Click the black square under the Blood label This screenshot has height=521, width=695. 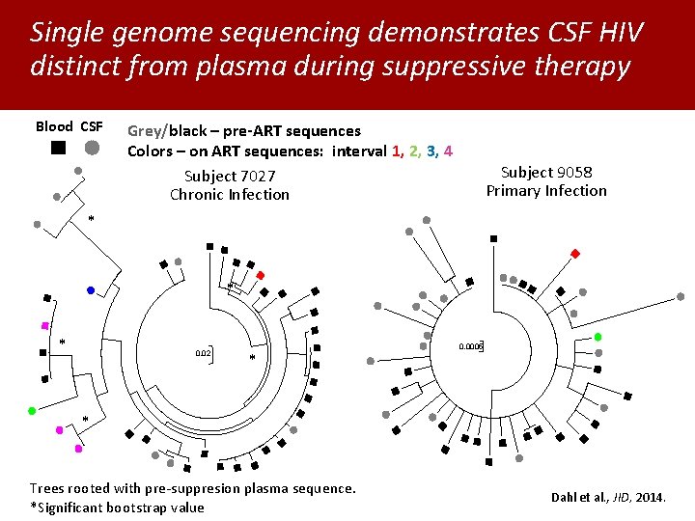[x=59, y=148]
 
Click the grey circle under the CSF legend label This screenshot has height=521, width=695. [x=91, y=148]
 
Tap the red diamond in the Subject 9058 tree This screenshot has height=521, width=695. [x=575, y=254]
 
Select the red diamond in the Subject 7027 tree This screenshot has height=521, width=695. [x=261, y=275]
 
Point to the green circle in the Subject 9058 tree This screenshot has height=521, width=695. [x=598, y=337]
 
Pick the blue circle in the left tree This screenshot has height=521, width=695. [x=91, y=290]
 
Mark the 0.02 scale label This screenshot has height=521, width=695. [x=203, y=354]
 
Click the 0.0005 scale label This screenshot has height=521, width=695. [x=470, y=345]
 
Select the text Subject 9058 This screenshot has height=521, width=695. [x=546, y=172]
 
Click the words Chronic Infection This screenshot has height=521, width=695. [x=230, y=194]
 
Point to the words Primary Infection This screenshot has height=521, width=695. [x=546, y=190]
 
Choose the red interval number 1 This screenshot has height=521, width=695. [x=397, y=151]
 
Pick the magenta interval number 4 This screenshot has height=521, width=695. [x=449, y=151]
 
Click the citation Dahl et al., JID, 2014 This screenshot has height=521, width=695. [x=608, y=498]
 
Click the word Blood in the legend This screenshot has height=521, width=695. [x=54, y=126]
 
